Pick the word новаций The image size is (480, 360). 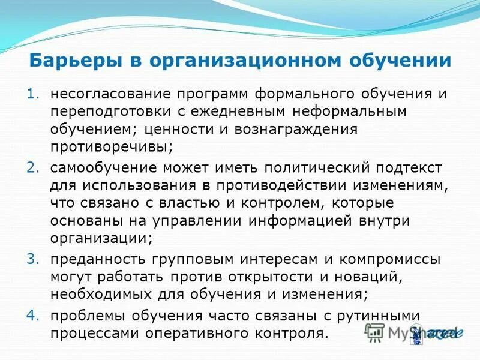(x=371, y=277)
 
